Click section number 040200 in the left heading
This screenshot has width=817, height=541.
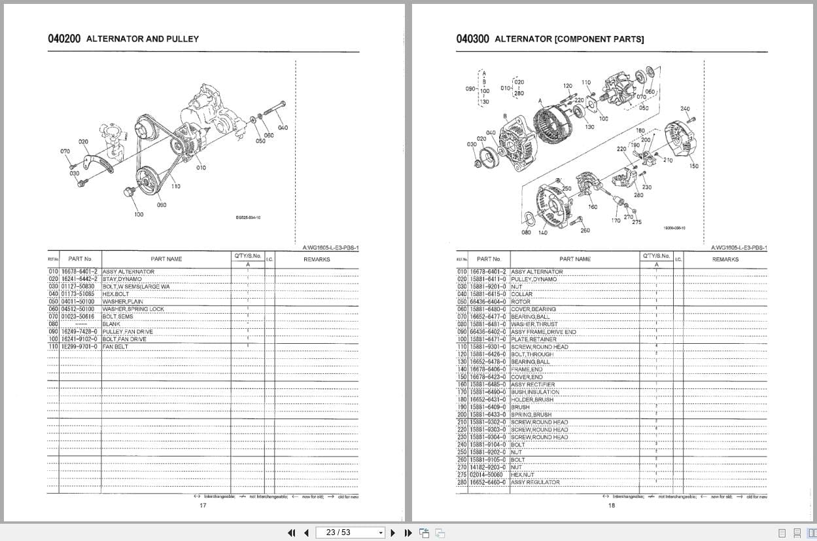point(64,39)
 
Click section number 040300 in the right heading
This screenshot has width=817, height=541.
point(472,39)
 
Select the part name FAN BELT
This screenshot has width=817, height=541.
point(115,346)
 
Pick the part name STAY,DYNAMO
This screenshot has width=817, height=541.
point(122,279)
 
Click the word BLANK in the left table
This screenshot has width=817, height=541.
point(111,324)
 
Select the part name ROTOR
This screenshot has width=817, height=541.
point(521,302)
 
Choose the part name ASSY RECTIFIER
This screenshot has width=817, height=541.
point(532,384)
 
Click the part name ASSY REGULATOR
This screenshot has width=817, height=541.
point(535,482)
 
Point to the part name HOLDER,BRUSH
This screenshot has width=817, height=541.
point(532,400)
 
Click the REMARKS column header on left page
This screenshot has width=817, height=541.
point(317,259)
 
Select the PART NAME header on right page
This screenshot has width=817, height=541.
point(574,259)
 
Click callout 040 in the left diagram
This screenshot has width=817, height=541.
point(283,128)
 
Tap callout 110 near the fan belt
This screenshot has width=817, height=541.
point(176,187)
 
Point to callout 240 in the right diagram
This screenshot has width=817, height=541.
point(685,109)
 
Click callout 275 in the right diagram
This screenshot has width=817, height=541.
point(636,223)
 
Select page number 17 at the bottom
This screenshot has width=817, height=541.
point(203,505)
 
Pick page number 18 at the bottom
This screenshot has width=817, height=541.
point(612,505)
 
